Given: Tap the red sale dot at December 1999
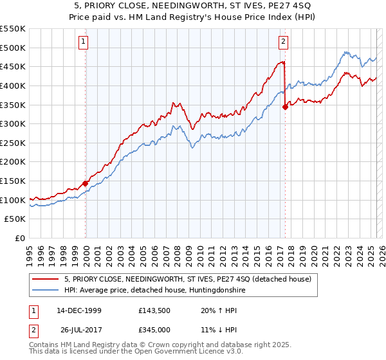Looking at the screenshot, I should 85,183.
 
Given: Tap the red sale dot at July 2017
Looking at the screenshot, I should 285,107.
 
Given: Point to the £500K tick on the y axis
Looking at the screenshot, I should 13,48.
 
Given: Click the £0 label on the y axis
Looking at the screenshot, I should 20,238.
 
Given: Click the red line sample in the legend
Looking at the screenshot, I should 46,280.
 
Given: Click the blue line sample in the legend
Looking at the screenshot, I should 46,291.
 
